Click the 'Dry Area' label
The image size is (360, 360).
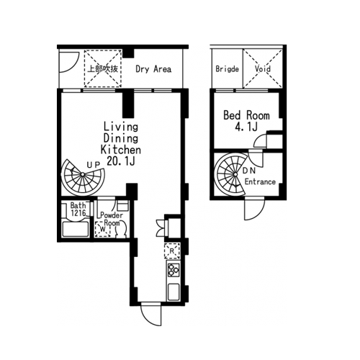click(x=153, y=69)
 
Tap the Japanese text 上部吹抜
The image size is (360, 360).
click(x=103, y=69)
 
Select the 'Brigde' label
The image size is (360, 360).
click(x=227, y=69)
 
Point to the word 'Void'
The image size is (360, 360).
click(x=263, y=69)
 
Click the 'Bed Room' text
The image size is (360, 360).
click(x=246, y=115)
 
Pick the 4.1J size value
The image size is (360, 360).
click(x=246, y=127)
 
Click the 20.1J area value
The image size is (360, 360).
click(x=121, y=161)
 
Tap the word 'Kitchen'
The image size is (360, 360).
click(x=121, y=150)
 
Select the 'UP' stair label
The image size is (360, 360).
click(x=93, y=165)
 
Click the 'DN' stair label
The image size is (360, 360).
click(x=249, y=171)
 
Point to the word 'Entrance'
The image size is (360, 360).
click(x=260, y=181)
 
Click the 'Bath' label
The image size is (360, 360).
click(x=78, y=205)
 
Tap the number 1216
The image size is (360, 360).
click(x=78, y=212)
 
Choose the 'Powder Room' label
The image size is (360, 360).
click(x=112, y=219)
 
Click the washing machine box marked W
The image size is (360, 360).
click(x=103, y=229)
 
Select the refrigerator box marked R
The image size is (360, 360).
click(x=172, y=251)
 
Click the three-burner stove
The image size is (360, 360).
click(x=174, y=269)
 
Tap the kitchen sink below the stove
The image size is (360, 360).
click(x=174, y=292)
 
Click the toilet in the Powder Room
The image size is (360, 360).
click(x=122, y=229)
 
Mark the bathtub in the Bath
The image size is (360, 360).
click(x=76, y=229)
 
